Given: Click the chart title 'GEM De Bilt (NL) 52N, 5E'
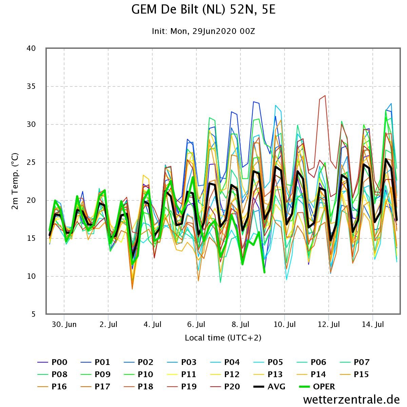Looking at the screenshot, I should coord(203,10).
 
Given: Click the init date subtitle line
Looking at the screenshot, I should coord(203,32).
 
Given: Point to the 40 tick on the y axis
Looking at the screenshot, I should coord(31,49).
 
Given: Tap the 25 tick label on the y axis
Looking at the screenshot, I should coord(31,162).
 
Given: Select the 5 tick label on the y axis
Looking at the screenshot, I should coord(33,314).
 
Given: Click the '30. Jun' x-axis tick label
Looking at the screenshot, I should coord(64,325).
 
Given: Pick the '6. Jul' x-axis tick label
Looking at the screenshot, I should coord(196,325).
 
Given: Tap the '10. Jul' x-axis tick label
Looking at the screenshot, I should coord(285,325).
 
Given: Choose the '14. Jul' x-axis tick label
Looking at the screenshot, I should coord(373,325).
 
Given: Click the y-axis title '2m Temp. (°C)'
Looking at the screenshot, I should coord(15,181).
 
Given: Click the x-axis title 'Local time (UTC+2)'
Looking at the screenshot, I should coord(223,338).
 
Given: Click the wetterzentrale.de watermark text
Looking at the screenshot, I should coord(351,400).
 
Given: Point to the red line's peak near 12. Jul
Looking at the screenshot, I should coord(325,96).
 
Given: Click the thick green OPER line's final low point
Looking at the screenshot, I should coord(264,272).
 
